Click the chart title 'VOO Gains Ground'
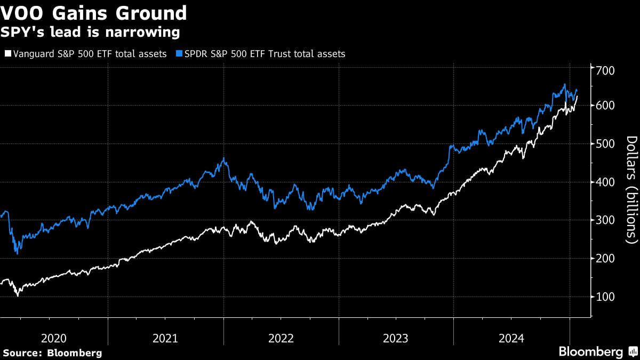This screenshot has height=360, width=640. click(x=94, y=13)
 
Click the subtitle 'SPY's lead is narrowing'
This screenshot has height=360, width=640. click(x=91, y=33)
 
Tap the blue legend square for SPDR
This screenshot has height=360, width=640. click(x=180, y=54)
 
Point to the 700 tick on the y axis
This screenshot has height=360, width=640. click(x=605, y=71)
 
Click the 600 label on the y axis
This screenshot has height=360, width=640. click(x=605, y=106)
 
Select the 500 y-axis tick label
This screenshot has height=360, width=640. click(x=605, y=144)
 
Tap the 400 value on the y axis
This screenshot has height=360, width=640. click(x=605, y=182)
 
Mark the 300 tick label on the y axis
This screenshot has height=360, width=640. click(x=605, y=220)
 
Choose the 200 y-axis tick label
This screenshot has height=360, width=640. click(x=605, y=259)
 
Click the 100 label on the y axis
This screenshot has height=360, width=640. click(x=605, y=297)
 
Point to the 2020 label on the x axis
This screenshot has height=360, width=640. click(x=54, y=338)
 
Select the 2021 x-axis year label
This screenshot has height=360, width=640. click(x=165, y=338)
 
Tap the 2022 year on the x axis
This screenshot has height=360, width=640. click(x=281, y=338)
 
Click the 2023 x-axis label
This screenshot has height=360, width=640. click(x=396, y=338)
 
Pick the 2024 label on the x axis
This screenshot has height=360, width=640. click(x=511, y=338)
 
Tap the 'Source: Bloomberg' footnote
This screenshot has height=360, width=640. click(x=52, y=353)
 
